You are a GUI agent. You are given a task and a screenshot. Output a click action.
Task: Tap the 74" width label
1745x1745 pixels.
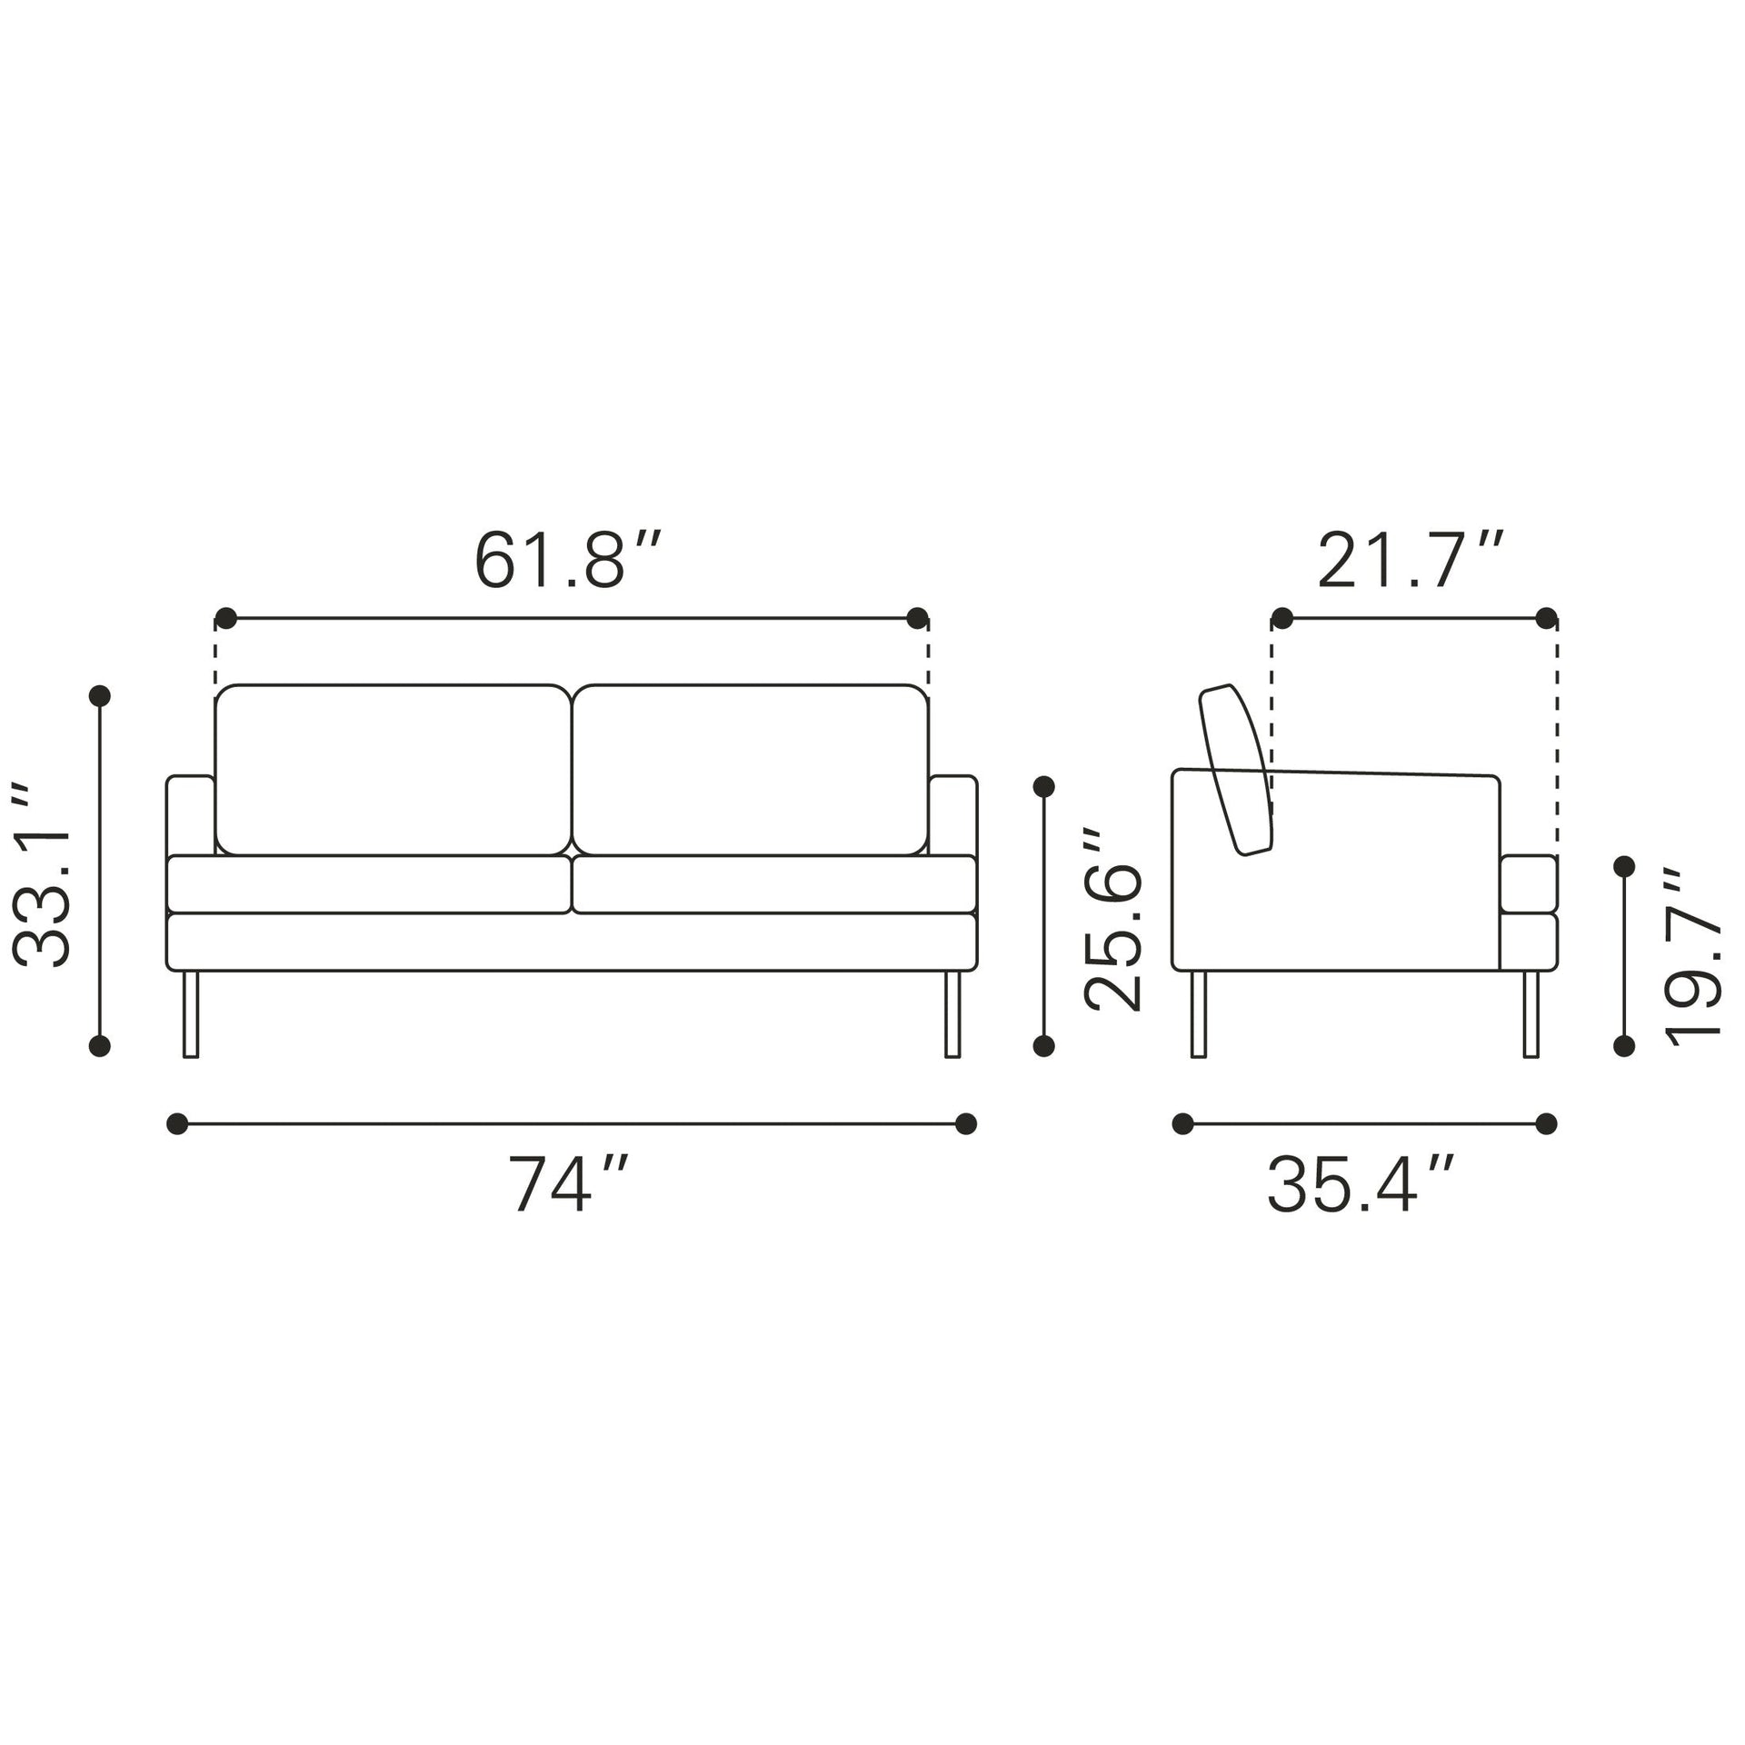click(567, 1184)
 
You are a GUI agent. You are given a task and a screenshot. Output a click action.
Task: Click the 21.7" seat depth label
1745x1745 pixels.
click(1411, 561)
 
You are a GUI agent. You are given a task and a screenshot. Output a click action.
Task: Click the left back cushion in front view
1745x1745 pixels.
click(393, 770)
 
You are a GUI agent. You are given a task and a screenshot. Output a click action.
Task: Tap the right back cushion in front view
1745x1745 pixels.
click(751, 770)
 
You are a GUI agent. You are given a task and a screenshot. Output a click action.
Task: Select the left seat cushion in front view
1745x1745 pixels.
click(369, 883)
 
